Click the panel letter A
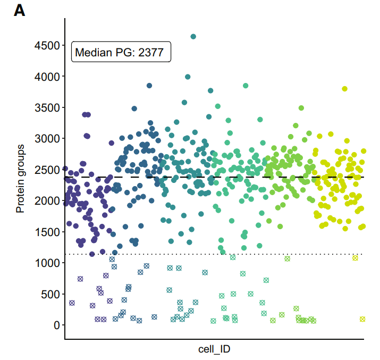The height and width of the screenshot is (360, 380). (19, 10)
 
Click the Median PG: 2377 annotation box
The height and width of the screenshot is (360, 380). (121, 52)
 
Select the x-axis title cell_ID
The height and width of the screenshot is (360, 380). (214, 349)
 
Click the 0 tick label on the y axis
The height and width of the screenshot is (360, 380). (55, 325)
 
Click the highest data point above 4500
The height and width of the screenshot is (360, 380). (193, 37)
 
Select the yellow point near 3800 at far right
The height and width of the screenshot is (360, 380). (344, 89)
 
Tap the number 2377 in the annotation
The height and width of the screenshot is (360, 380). (151, 52)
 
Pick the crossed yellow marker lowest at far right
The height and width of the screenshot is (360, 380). (362, 320)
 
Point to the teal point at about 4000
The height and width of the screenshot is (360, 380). (188, 77)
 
